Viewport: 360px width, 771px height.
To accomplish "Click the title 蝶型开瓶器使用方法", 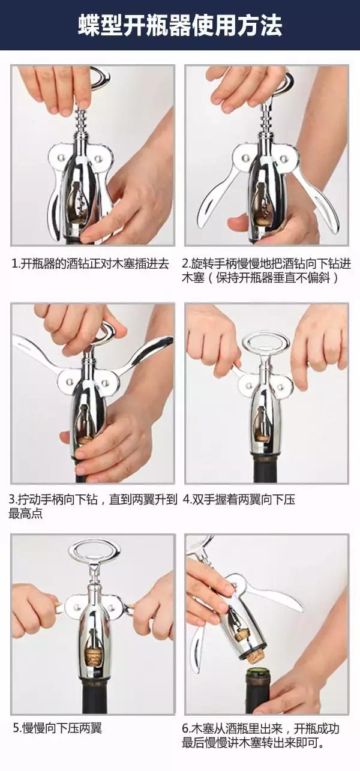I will coord(180,25).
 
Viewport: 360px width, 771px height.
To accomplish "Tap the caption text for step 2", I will coord(266,271).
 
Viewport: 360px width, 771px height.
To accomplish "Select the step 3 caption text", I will coord(92,506).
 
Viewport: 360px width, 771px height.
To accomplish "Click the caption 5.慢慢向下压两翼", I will coord(58,728).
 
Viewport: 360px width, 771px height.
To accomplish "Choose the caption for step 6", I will coord(260,736).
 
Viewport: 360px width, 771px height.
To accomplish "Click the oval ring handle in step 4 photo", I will coord(266,343).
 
